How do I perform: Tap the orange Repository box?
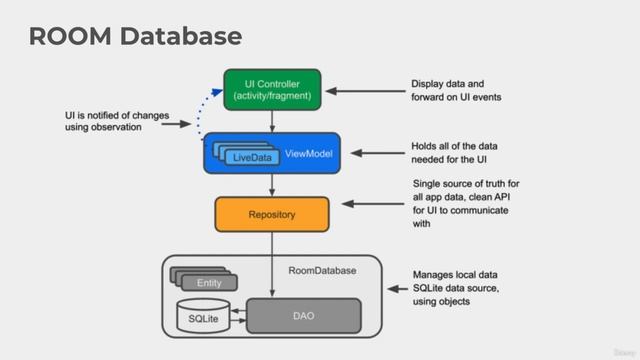pyautogui.click(x=272, y=213)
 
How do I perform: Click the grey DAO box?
pyautogui.click(x=303, y=315)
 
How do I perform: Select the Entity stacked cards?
pyautogui.click(x=206, y=280)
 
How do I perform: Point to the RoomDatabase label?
pyautogui.click(x=323, y=270)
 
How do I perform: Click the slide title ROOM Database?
pyautogui.click(x=135, y=37)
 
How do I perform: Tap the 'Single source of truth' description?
pyautogui.click(x=466, y=204)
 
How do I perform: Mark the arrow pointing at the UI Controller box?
pyautogui.click(x=366, y=90)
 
